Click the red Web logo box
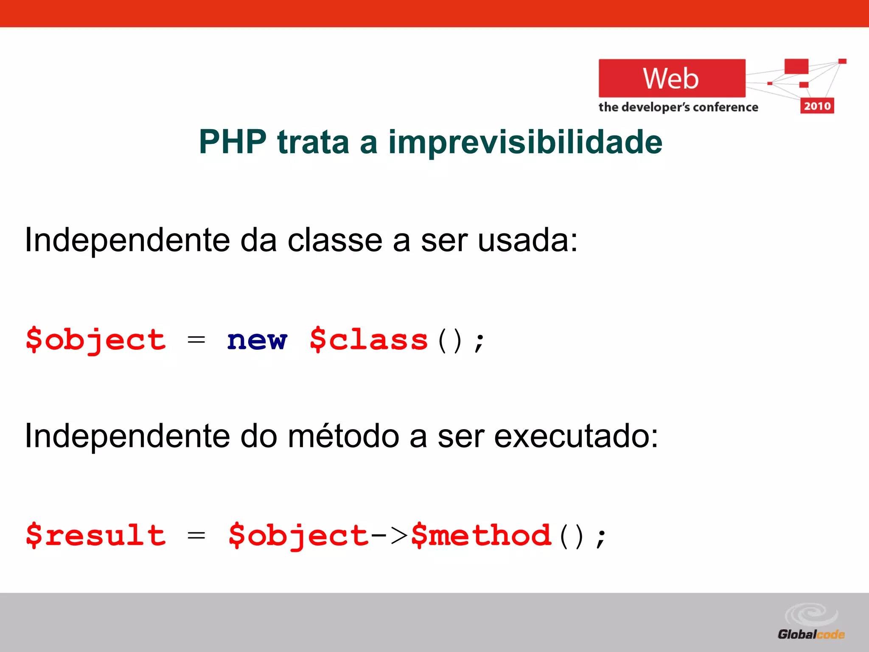coord(671,79)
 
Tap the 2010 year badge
coord(817,106)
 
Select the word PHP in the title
coord(233,142)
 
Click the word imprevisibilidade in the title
coord(525,143)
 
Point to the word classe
coord(335,240)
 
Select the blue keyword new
coord(257,340)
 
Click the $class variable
coord(368,340)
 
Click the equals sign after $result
coord(196,536)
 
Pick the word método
coord(343,436)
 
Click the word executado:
coord(576,436)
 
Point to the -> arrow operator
coord(389,536)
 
